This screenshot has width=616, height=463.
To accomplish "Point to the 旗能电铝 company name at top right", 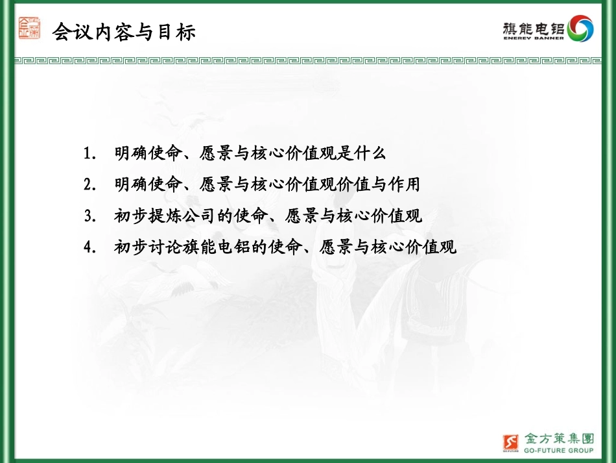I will tap(534, 27).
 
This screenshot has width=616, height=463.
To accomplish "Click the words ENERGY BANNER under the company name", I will tap(534, 38).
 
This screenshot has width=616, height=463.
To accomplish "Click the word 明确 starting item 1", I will tap(128, 154).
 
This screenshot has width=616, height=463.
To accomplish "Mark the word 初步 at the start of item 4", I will tap(128, 247).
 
